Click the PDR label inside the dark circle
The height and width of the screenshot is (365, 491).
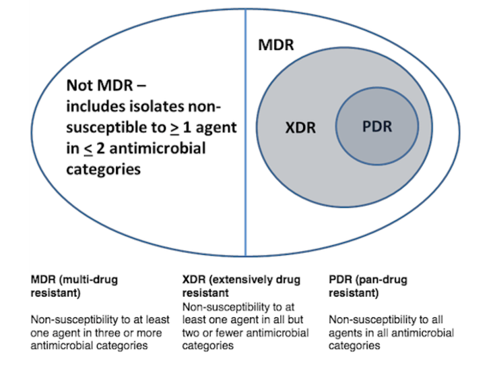click(377, 126)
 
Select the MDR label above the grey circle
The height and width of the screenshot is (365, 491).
click(276, 46)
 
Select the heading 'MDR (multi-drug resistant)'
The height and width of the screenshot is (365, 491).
click(74, 286)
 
